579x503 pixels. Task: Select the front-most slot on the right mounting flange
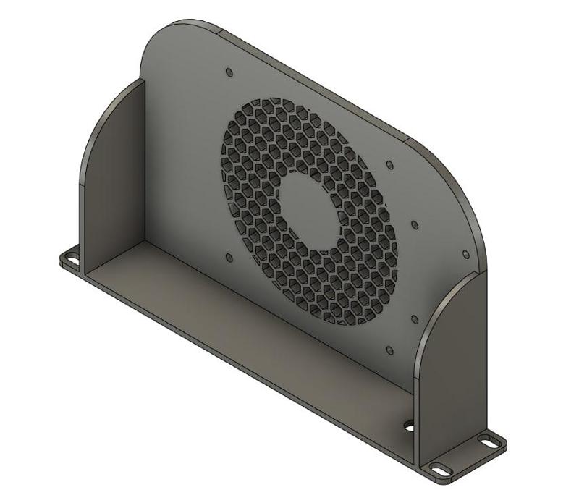(x=439, y=468)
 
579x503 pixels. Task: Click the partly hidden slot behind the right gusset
(x=409, y=426)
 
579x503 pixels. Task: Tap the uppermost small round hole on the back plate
(x=229, y=72)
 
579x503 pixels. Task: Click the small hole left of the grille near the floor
(x=229, y=257)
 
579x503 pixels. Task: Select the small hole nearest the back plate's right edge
(x=465, y=255)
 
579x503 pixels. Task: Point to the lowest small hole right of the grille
(x=390, y=351)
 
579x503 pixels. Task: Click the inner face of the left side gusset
(x=116, y=181)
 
